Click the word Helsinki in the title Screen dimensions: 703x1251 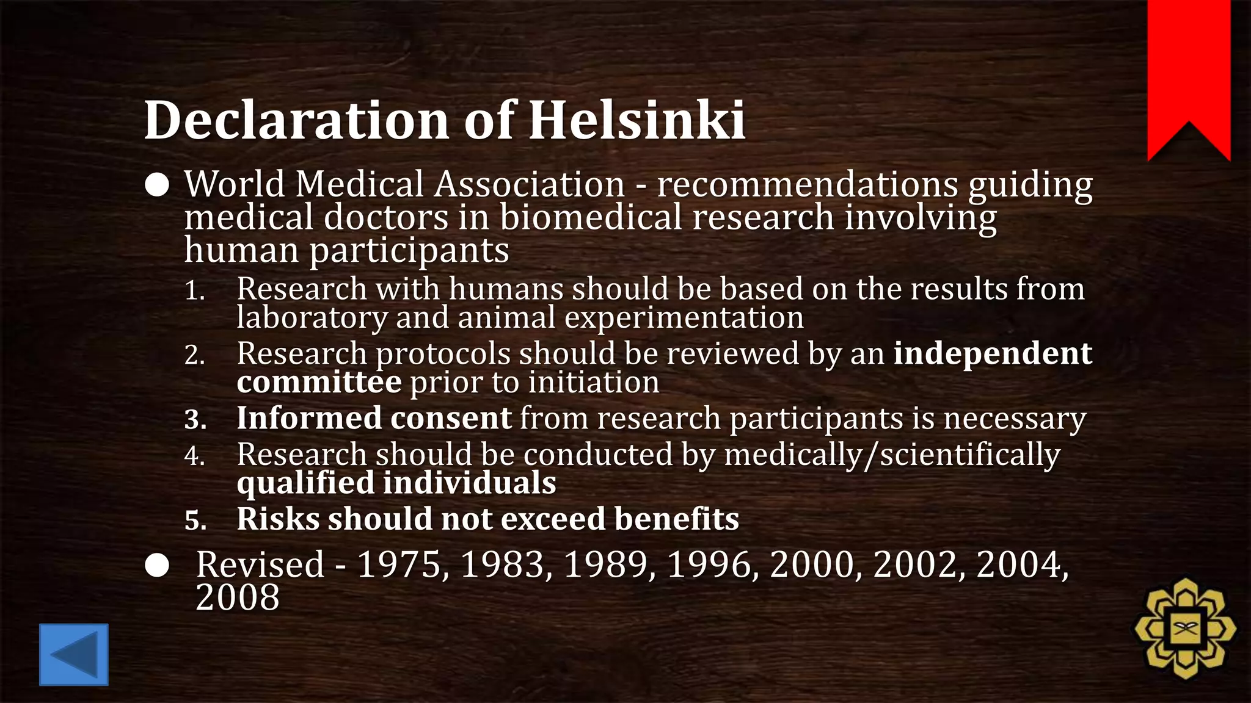(636, 120)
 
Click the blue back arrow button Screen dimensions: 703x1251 (74, 654)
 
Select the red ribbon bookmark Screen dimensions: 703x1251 (1189, 73)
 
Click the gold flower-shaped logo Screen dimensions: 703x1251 (1185, 629)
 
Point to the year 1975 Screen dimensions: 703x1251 (399, 564)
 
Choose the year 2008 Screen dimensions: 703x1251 (238, 597)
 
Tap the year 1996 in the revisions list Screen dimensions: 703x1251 (709, 564)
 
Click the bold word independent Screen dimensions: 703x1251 (993, 354)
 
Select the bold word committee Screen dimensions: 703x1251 (319, 383)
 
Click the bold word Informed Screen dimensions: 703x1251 (309, 419)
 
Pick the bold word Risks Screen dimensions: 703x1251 (278, 519)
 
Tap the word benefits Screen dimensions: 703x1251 (677, 519)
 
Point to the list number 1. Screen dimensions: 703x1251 (195, 291)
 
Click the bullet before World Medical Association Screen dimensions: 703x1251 (157, 186)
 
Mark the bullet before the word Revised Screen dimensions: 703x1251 (157, 566)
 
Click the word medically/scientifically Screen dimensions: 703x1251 (892, 455)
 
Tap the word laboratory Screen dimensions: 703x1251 (312, 318)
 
